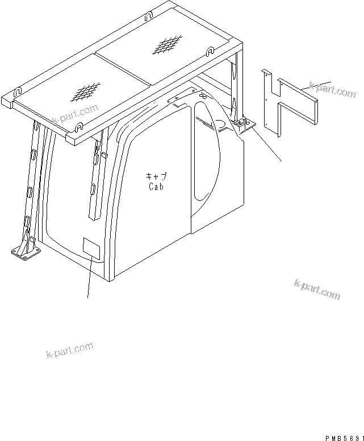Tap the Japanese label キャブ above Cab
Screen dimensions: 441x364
(x=155, y=177)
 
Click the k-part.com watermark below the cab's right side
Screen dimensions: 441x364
(x=317, y=290)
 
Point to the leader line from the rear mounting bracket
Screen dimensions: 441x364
(x=267, y=145)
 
